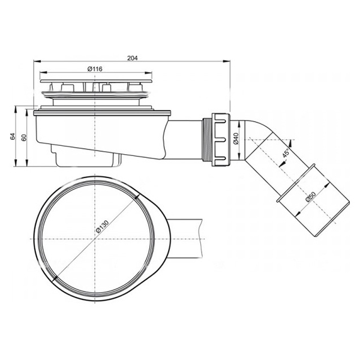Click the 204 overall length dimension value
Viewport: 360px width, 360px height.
133,58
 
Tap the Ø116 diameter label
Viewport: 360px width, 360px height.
95,69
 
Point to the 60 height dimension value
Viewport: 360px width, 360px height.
23,137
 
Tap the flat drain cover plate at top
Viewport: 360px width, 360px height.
95,77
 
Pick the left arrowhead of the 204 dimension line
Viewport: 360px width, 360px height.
35,61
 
